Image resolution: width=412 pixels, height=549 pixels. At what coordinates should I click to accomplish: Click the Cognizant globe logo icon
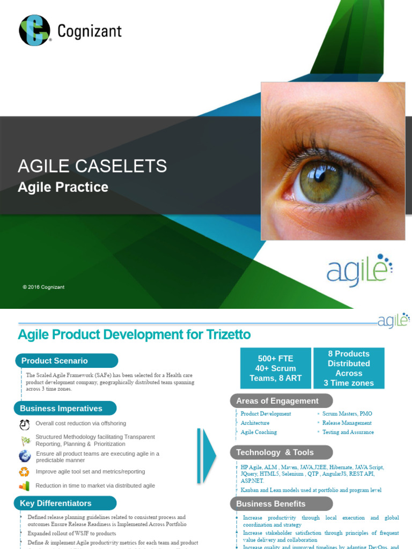[x=34, y=30]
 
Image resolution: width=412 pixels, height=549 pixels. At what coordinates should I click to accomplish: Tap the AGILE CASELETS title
[x=92, y=166]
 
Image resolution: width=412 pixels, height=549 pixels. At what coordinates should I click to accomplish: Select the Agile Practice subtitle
[x=63, y=187]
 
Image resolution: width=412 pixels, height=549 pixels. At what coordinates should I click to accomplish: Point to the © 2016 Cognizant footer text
[x=43, y=287]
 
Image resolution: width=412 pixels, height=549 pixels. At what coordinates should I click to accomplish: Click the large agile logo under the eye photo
[x=359, y=271]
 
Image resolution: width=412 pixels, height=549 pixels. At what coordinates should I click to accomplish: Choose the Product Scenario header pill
[x=66, y=361]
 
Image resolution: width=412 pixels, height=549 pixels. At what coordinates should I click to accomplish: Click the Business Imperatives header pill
[x=65, y=409]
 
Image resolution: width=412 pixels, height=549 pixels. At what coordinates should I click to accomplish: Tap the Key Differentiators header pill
[x=64, y=503]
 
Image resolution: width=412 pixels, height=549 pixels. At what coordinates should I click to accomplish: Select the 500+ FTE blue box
[x=276, y=368]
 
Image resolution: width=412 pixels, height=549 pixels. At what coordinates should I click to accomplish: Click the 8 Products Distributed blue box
[x=349, y=368]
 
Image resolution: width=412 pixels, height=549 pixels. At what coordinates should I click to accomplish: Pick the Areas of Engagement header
[x=281, y=401]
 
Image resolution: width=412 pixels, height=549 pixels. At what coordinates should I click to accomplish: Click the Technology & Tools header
[x=281, y=452]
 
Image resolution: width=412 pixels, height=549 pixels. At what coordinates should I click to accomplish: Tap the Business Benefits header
[x=281, y=504]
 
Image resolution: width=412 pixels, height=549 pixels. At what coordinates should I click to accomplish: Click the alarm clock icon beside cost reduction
[x=25, y=425]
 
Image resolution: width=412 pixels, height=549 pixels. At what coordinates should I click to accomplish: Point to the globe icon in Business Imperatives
[x=25, y=456]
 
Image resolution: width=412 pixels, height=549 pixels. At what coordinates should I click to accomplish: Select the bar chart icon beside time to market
[x=25, y=486]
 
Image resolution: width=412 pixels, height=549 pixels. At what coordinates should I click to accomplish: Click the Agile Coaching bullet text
[x=259, y=432]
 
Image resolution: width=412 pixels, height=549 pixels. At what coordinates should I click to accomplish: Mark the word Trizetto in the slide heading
[x=228, y=335]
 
